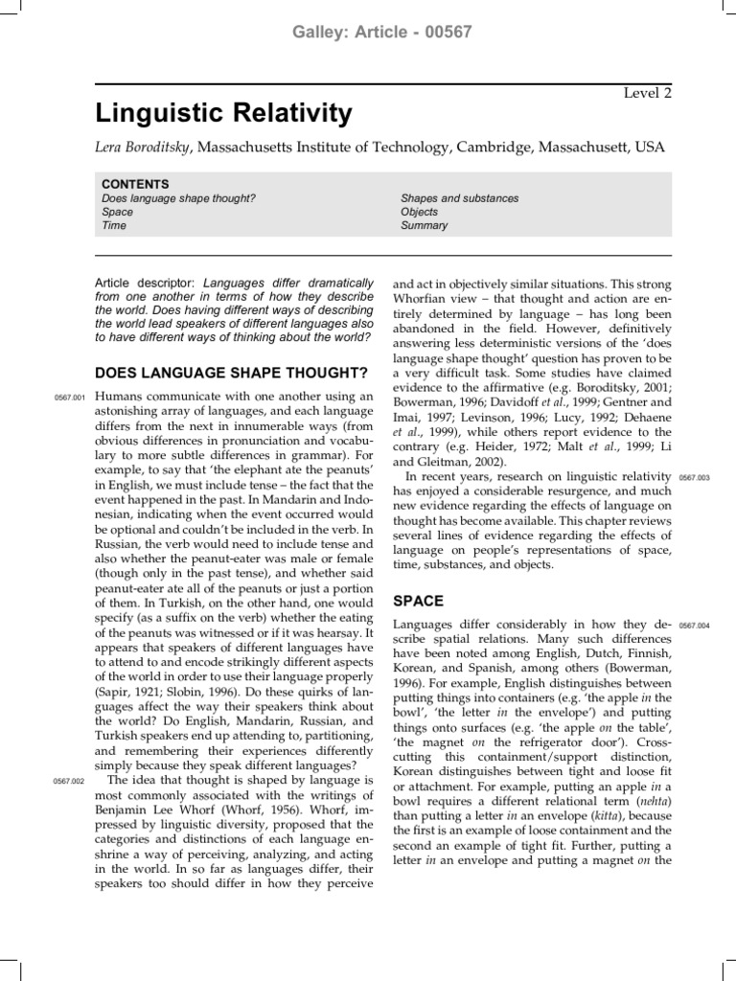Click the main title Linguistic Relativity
(x=225, y=115)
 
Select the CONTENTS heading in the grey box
(x=135, y=184)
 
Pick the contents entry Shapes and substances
(x=459, y=198)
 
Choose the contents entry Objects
(x=420, y=212)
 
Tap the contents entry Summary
(x=424, y=226)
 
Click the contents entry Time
(x=114, y=226)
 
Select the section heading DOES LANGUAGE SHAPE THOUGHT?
(x=231, y=373)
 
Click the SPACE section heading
(x=419, y=602)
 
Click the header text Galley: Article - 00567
(x=368, y=32)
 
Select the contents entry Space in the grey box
(x=117, y=212)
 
